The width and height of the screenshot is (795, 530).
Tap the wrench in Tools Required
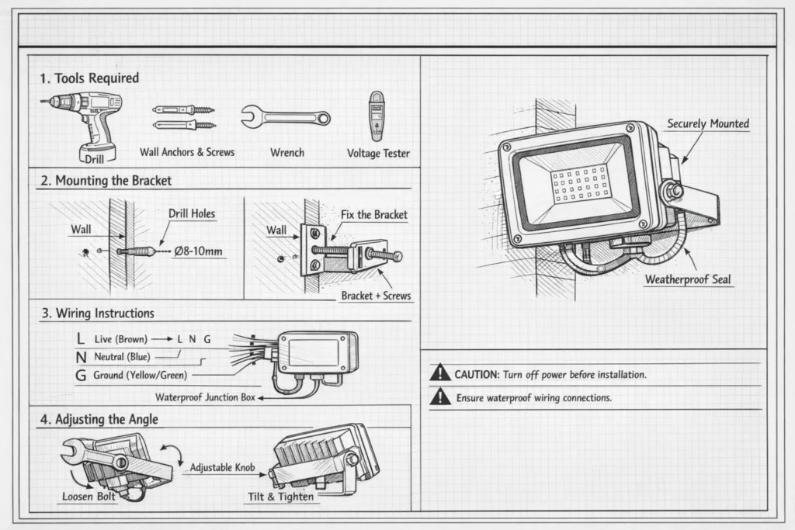(285, 118)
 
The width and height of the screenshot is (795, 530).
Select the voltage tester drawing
(377, 116)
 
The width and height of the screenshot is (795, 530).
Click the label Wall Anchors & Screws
(187, 152)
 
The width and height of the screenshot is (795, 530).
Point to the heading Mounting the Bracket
(106, 181)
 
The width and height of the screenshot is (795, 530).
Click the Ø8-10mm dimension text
(199, 251)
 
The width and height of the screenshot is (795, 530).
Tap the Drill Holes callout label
(192, 213)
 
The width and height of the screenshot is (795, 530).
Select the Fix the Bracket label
(373, 214)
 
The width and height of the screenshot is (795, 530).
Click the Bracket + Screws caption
(376, 296)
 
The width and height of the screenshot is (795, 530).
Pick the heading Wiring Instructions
(97, 313)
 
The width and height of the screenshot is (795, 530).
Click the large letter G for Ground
(81, 376)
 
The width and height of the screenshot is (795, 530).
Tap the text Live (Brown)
(120, 339)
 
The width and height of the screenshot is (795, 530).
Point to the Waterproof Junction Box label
(205, 397)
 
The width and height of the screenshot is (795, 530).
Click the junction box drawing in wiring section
(317, 353)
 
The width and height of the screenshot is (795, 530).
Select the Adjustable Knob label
(222, 468)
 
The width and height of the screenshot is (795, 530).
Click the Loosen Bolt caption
(89, 497)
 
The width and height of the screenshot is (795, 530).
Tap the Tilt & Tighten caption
(281, 497)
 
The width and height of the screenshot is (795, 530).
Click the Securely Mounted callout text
(708, 124)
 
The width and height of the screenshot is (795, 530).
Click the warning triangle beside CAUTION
(440, 373)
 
